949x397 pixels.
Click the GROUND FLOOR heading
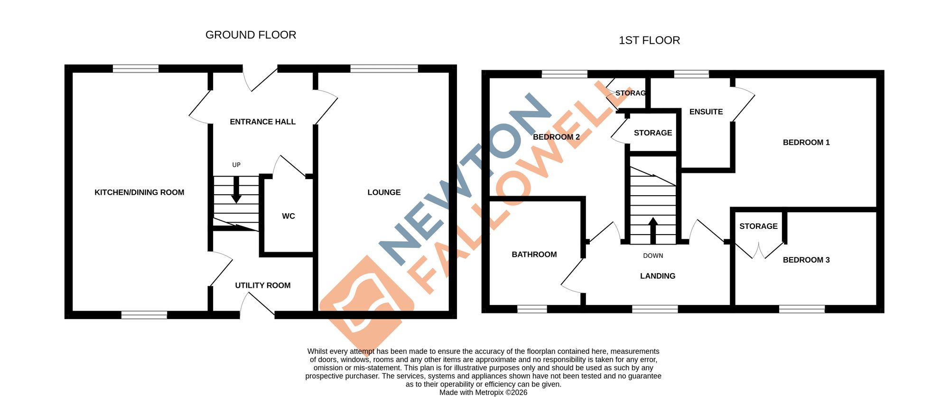click(x=251, y=35)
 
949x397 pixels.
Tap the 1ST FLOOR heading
click(x=649, y=40)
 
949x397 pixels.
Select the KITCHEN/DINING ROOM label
click(x=139, y=192)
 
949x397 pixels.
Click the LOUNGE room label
click(x=384, y=192)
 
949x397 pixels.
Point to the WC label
click(x=288, y=216)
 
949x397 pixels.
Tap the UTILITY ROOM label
click(x=263, y=285)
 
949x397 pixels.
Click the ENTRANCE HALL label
click(x=263, y=122)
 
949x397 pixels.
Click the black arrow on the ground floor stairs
click(x=236, y=190)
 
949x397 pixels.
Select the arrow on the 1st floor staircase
click(x=653, y=230)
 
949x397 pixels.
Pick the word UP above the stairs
click(x=236, y=165)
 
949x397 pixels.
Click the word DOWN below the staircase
click(x=653, y=255)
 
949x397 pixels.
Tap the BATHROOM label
click(x=534, y=255)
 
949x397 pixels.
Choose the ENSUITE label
click(x=706, y=112)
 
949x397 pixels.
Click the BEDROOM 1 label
click(x=806, y=142)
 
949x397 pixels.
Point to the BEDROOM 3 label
click(x=806, y=260)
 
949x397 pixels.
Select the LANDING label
click(x=658, y=276)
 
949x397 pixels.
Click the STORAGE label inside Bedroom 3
click(x=758, y=227)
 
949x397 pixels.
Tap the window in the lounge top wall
click(x=384, y=69)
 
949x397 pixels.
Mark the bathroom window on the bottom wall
click(x=532, y=309)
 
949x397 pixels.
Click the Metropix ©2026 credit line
click(x=483, y=392)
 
